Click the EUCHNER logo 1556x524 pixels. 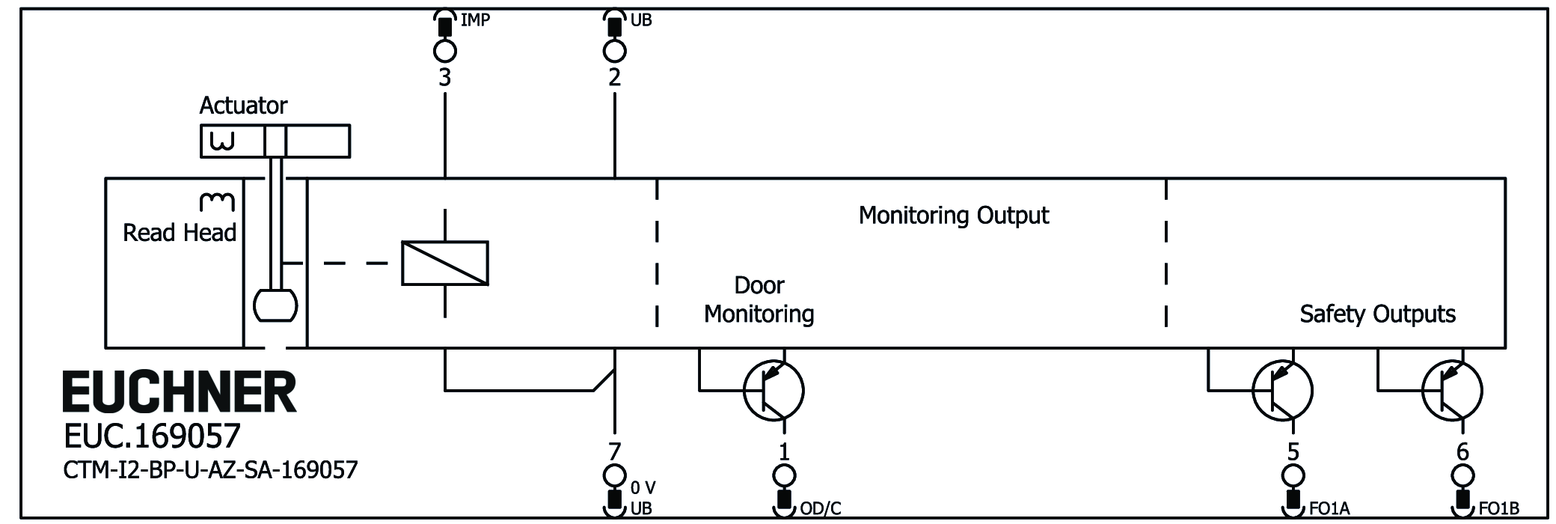click(180, 392)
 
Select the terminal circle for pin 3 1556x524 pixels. click(445, 51)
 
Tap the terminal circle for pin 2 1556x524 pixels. click(614, 51)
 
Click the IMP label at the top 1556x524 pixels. click(475, 20)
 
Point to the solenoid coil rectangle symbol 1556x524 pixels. click(445, 263)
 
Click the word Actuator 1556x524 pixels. click(243, 106)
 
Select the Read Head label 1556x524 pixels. click(180, 233)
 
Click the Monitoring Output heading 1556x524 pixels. click(953, 216)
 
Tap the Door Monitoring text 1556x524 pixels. click(759, 299)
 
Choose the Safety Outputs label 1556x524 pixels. click(1377, 314)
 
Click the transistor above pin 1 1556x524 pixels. click(774, 390)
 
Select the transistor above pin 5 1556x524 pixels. click(1282, 390)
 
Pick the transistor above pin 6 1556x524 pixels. click(1452, 390)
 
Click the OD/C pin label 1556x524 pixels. click(821, 509)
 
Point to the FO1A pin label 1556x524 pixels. click(1329, 509)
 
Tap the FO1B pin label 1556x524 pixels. click(1498, 509)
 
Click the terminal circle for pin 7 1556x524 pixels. click(614, 475)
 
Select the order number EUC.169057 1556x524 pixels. click(152, 436)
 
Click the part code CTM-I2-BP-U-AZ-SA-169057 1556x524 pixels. click(210, 470)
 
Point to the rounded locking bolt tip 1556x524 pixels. click(275, 305)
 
